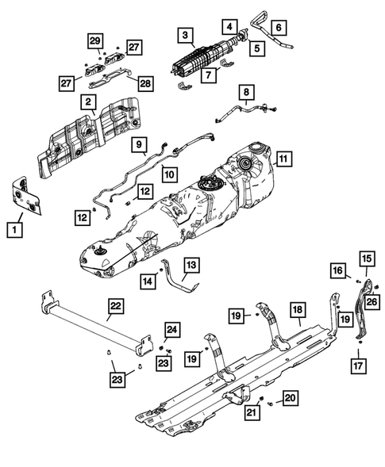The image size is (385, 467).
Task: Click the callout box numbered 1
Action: tap(14, 230)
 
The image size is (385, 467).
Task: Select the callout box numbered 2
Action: tap(88, 102)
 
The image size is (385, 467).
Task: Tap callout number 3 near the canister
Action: tap(186, 35)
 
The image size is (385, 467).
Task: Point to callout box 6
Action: tap(279, 28)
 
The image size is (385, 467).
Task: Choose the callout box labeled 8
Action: tap(246, 92)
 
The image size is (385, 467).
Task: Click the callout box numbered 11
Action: tap(283, 159)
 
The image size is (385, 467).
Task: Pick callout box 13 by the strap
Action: tap(191, 265)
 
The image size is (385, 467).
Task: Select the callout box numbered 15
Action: tap(367, 258)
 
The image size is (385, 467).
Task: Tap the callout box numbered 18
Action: tap(298, 310)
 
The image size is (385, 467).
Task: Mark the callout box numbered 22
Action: tap(116, 306)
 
